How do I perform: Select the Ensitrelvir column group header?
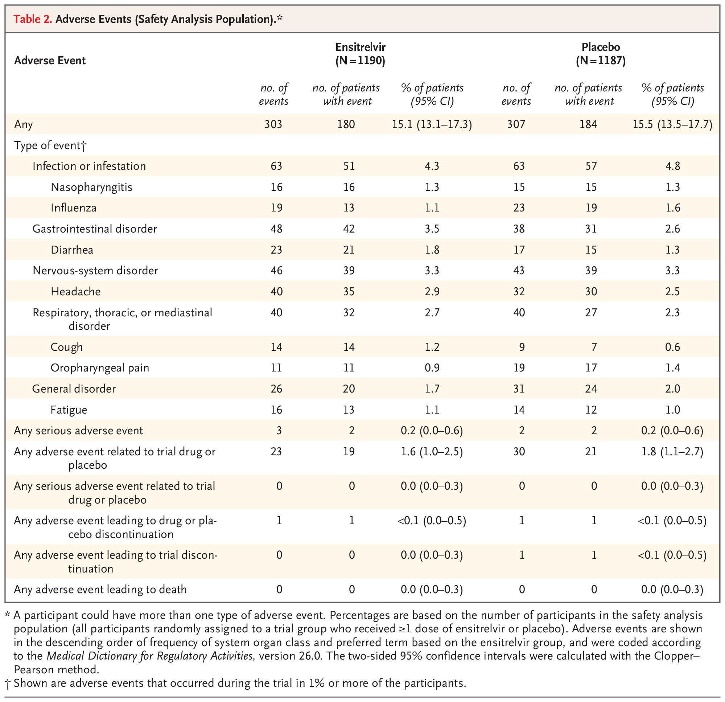(x=360, y=54)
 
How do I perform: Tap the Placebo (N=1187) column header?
(x=601, y=54)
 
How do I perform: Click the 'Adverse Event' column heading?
(x=50, y=60)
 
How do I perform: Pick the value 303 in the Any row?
(x=273, y=124)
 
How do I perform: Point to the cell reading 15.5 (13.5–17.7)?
(x=672, y=124)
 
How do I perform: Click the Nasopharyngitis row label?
(x=92, y=187)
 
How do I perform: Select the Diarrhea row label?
(x=72, y=250)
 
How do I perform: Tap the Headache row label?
(x=76, y=292)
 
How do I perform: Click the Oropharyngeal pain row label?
(x=100, y=368)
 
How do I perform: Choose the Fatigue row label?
(x=69, y=410)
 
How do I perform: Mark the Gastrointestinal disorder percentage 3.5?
(x=432, y=229)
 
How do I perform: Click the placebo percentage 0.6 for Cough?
(x=672, y=347)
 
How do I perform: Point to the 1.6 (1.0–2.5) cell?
(x=432, y=451)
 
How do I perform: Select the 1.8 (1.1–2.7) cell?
(x=672, y=451)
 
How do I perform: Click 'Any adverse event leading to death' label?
(x=100, y=589)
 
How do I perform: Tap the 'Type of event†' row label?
(x=50, y=145)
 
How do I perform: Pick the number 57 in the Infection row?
(x=591, y=166)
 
